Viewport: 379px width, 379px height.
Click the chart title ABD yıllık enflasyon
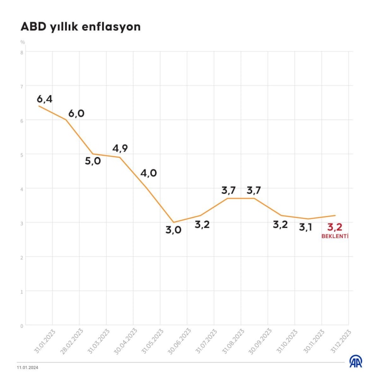(81, 27)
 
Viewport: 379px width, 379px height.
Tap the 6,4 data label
(45, 99)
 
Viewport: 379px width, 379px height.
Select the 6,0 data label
(76, 114)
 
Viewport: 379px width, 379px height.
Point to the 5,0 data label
(93, 161)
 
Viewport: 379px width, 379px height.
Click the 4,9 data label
(120, 148)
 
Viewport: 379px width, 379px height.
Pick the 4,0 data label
(148, 173)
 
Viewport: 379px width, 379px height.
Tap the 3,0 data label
(173, 231)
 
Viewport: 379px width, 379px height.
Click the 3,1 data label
(306, 227)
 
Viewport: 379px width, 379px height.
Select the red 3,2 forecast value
(334, 226)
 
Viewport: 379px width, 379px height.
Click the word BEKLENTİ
(334, 235)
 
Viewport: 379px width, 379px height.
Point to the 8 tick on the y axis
(22, 52)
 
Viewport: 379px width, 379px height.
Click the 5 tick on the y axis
(22, 154)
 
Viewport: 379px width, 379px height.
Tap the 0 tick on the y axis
(22, 325)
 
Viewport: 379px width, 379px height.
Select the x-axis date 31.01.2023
(45, 340)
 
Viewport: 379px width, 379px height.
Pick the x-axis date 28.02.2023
(72, 340)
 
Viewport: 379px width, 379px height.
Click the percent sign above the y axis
(22, 42)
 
